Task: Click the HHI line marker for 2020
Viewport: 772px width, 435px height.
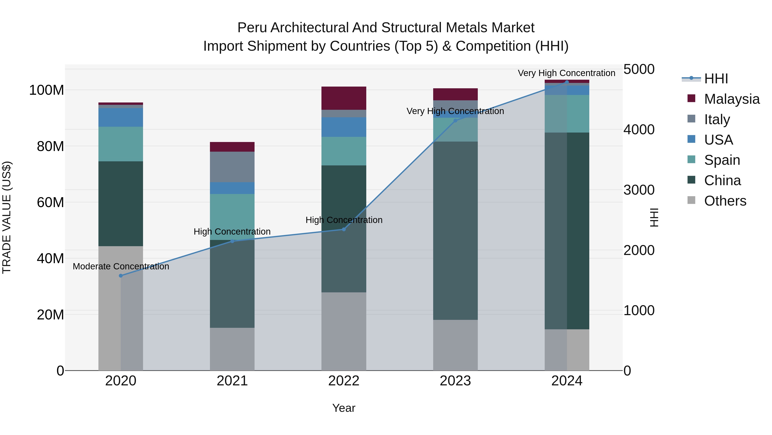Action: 121,276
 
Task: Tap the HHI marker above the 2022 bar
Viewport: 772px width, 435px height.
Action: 344,229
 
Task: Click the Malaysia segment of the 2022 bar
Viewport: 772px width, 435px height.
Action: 344,98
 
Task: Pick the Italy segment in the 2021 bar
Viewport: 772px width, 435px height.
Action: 232,167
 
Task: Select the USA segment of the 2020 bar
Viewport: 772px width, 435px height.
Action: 121,117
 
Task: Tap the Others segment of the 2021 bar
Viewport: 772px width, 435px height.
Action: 232,349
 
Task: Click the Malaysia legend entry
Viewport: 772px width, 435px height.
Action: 731,99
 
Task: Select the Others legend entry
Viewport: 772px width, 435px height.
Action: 725,201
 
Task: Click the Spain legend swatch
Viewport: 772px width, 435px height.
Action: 691,159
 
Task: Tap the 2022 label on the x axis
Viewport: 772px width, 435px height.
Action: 344,381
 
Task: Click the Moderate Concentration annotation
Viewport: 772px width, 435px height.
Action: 121,266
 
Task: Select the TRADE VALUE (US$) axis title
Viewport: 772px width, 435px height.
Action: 7,217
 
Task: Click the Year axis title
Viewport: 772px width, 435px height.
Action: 344,408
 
